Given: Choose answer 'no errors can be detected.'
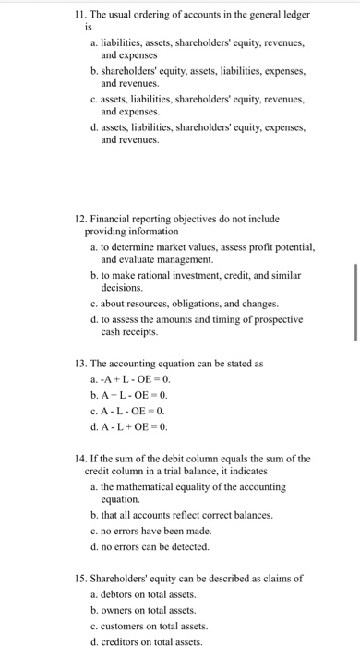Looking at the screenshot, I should coord(158,545).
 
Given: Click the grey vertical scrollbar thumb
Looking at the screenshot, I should coord(355,302).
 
